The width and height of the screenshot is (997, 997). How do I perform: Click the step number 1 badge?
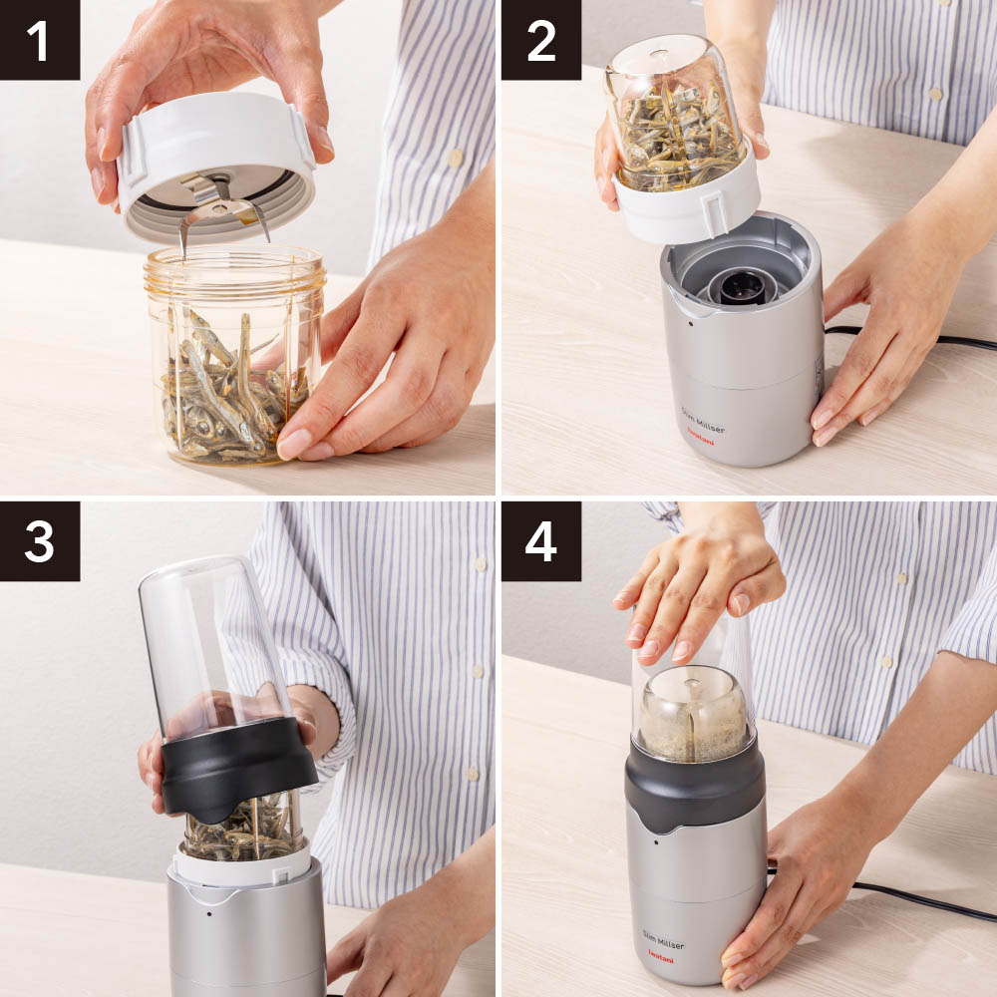40,40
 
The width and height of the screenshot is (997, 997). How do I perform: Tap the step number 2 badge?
541,40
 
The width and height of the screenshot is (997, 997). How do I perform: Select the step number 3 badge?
40,541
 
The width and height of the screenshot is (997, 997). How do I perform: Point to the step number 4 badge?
541,541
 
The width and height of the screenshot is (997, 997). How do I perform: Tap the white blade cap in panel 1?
215,166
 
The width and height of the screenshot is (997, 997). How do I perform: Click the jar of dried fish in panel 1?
234,355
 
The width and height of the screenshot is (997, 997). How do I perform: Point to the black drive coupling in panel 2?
743,287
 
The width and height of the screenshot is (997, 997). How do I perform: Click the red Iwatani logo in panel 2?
700,437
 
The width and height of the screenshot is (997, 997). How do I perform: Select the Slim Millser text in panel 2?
703,421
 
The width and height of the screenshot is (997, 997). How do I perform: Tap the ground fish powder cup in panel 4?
693,714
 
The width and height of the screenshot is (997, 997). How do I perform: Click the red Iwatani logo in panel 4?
661,956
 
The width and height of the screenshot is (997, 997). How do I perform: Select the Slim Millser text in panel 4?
663,940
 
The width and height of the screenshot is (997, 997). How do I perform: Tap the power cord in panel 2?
910,338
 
